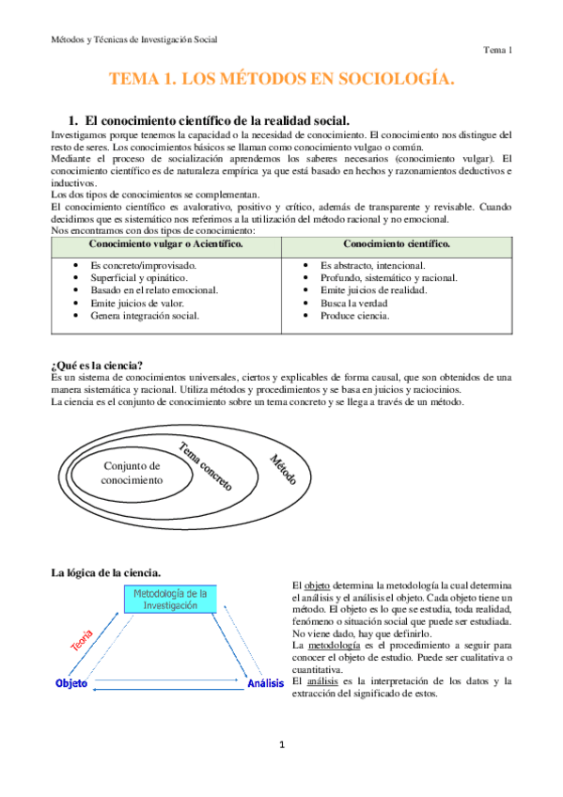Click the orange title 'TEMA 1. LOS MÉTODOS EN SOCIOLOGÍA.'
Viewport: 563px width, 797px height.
tap(282, 80)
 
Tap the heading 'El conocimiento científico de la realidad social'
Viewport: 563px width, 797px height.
tap(217, 120)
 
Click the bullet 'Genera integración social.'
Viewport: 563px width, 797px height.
tap(145, 316)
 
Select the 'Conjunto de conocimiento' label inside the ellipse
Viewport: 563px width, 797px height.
tap(132, 473)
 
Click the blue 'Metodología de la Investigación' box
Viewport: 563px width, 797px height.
tap(170, 600)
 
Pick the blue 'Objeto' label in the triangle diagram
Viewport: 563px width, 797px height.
tap(71, 683)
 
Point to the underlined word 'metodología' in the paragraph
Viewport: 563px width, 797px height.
tap(331, 646)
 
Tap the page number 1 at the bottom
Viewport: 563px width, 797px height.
tap(281, 745)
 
